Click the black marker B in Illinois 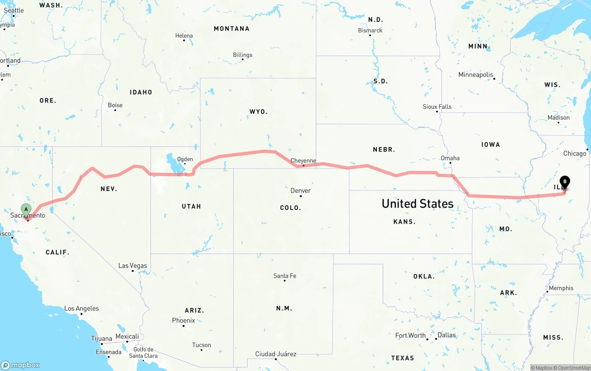pos(564,182)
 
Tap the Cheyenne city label pos(303,161)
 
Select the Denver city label pos(301,190)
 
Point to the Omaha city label pos(450,158)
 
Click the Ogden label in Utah pos(185,159)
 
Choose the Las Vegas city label pos(133,266)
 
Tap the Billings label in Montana pos(242,55)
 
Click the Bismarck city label pos(370,30)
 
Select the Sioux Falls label pos(437,107)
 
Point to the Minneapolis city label pos(476,75)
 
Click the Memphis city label pos(561,288)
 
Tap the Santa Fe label pos(284,276)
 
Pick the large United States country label pos(417,204)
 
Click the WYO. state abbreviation pos(259,112)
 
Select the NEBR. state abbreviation pos(384,150)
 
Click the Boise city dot pos(109,110)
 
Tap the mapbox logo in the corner pos(20,365)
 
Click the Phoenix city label pos(183,320)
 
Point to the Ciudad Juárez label pos(276,354)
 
